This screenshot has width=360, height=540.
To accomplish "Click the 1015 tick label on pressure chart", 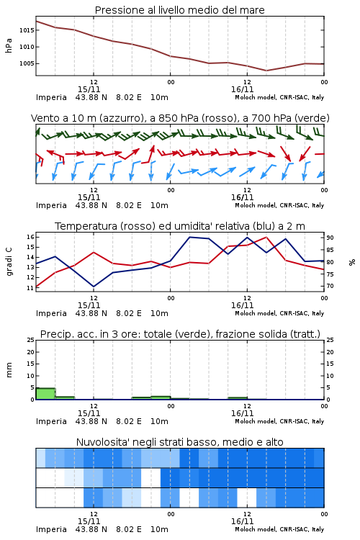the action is pyautogui.click(x=27, y=30).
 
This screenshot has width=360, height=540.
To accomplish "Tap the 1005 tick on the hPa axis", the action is pyautogui.click(x=27, y=63).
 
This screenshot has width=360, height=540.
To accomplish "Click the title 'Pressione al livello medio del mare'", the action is pyautogui.click(x=180, y=10).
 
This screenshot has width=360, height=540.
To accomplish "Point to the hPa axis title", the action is pyautogui.click(x=9, y=45).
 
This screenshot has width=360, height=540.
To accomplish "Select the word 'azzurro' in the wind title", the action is pyautogui.click(x=121, y=118).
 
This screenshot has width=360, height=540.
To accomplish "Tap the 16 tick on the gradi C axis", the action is pyautogui.click(x=31, y=237).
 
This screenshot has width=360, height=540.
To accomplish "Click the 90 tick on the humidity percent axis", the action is pyautogui.click(x=330, y=238).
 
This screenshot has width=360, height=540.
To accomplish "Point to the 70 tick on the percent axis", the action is pyautogui.click(x=330, y=286).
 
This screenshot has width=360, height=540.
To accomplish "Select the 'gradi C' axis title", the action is pyautogui.click(x=9, y=261).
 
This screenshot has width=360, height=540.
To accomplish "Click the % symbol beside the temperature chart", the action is pyautogui.click(x=352, y=262).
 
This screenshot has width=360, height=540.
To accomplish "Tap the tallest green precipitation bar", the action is pyautogui.click(x=45, y=394).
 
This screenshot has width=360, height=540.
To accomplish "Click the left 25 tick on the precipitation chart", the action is pyautogui.click(x=31, y=340).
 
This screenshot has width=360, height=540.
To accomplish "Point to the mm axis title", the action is pyautogui.click(x=9, y=370).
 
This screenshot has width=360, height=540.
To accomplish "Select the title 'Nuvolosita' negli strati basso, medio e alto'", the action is pyautogui.click(x=180, y=442).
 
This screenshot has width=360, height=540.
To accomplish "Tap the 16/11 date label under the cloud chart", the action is pyautogui.click(x=243, y=521).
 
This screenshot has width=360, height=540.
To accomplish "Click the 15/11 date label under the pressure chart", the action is pyautogui.click(x=89, y=89).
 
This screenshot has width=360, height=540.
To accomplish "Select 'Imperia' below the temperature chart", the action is pyautogui.click(x=51, y=313).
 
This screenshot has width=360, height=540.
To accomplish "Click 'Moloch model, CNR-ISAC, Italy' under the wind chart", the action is pyautogui.click(x=279, y=205).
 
